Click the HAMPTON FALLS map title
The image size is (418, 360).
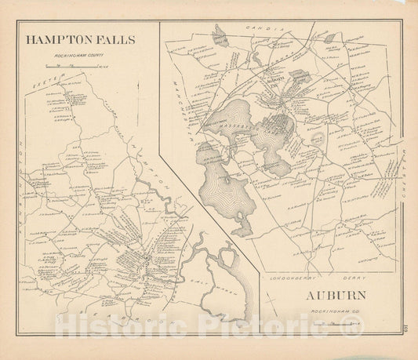click(x=80, y=38)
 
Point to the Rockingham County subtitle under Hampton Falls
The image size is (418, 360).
click(x=80, y=56)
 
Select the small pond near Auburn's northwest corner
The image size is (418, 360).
click(x=220, y=33)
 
